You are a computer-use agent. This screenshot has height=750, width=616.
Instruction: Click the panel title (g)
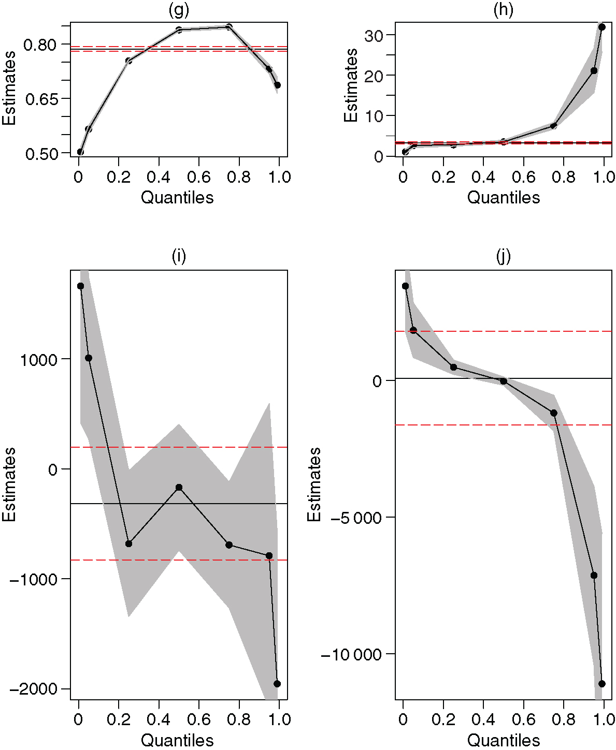179,10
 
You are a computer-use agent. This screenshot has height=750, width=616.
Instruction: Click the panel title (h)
503,10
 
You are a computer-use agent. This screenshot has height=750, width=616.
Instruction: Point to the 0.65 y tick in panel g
41,99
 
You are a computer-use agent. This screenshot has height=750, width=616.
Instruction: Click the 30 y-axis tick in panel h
373,36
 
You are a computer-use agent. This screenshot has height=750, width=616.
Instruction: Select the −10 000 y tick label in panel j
351,655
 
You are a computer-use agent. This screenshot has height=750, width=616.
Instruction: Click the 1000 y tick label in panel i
38,360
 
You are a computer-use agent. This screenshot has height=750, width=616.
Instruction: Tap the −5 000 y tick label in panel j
354,518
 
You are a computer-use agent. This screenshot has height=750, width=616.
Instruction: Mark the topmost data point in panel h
602,27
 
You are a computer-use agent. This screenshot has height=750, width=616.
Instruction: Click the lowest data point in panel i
277,684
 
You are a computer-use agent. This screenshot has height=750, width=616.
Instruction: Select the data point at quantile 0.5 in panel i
179,487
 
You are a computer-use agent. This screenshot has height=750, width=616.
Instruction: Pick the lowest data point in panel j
602,684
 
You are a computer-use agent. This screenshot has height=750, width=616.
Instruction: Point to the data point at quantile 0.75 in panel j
553,413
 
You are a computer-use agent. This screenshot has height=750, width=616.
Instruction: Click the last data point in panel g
277,85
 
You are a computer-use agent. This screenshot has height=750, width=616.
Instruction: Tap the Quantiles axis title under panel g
177,197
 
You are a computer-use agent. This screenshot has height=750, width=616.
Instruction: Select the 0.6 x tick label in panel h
523,178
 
